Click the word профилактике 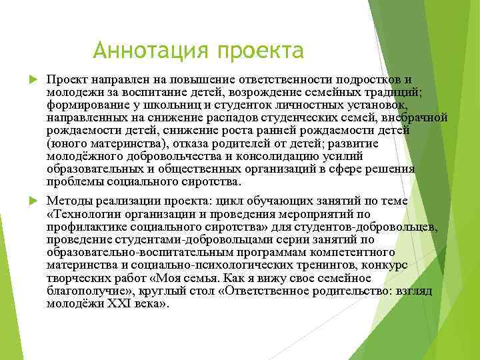(x=86, y=227)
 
